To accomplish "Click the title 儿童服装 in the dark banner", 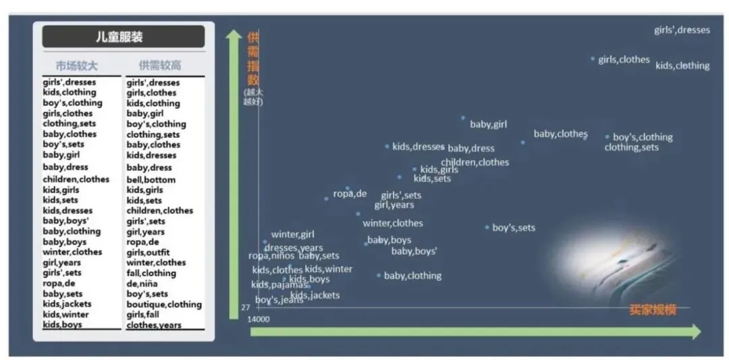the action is point(124,36).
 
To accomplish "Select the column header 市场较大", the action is point(76,66).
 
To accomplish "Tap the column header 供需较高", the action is point(160,66).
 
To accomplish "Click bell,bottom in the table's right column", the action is point(151,180).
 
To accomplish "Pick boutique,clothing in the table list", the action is point(164,304).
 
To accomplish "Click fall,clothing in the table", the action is point(151,273).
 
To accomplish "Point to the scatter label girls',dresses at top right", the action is point(682,30).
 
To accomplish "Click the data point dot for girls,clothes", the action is point(593,59).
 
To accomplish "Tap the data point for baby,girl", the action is point(463,118).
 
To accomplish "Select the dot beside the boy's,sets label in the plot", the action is point(487,227).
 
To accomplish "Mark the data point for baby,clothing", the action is point(379,275).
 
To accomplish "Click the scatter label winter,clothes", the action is point(393,223).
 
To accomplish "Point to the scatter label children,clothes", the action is point(475,162).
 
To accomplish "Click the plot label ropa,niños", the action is point(271,255).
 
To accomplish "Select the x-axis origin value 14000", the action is point(259,319).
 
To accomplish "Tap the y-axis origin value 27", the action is point(246,307).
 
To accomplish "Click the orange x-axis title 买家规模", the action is point(652,310).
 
